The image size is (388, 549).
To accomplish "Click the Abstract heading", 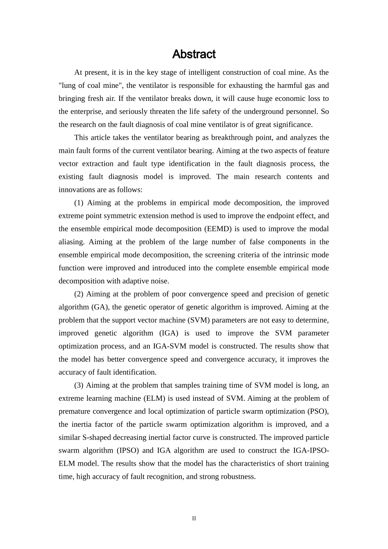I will (x=194, y=54).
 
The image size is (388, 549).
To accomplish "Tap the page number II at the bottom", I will (x=194, y=518).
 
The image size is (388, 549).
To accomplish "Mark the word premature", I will (x=76, y=411).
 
